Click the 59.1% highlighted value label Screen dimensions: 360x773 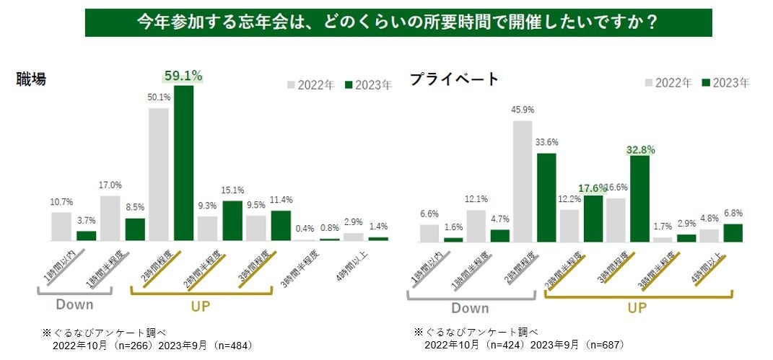(x=183, y=75)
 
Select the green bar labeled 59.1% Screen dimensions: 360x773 (x=183, y=162)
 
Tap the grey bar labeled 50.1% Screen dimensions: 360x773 (x=159, y=174)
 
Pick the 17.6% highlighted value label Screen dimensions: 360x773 (x=592, y=188)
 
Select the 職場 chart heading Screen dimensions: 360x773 (x=32, y=80)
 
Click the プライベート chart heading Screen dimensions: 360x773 (x=455, y=79)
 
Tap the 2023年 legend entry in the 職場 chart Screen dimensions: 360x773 (x=368, y=85)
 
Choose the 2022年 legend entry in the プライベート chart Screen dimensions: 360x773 (x=668, y=82)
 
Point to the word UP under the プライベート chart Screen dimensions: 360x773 (x=636, y=308)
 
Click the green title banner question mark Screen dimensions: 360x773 (x=650, y=22)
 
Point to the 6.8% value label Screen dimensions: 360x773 (x=733, y=214)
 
